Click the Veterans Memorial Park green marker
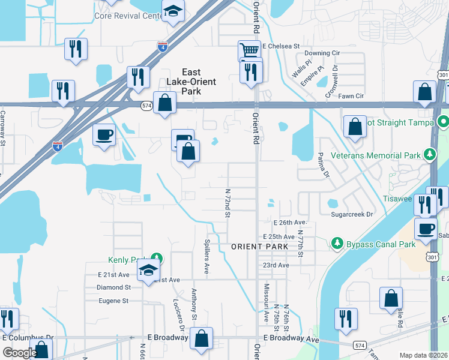coord(430,155)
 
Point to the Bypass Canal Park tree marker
coord(337,244)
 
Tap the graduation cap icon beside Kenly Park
coord(148,271)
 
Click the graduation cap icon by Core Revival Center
coord(173,12)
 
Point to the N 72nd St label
coord(228,202)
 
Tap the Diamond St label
coord(113,287)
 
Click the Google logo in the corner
coord(20,353)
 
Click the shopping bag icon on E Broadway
coord(202,338)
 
